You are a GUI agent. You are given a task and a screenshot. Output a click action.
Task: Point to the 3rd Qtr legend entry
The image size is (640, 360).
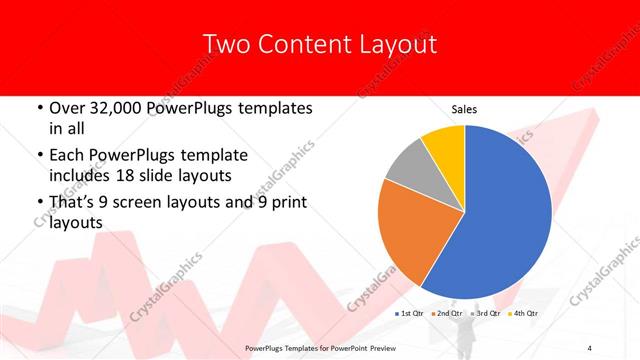pyautogui.click(x=487, y=313)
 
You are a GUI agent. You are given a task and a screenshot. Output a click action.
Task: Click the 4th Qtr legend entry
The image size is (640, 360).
pyautogui.click(x=525, y=313)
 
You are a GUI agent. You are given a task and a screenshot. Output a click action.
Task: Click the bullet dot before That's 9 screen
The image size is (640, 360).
pyautogui.click(x=38, y=203)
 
